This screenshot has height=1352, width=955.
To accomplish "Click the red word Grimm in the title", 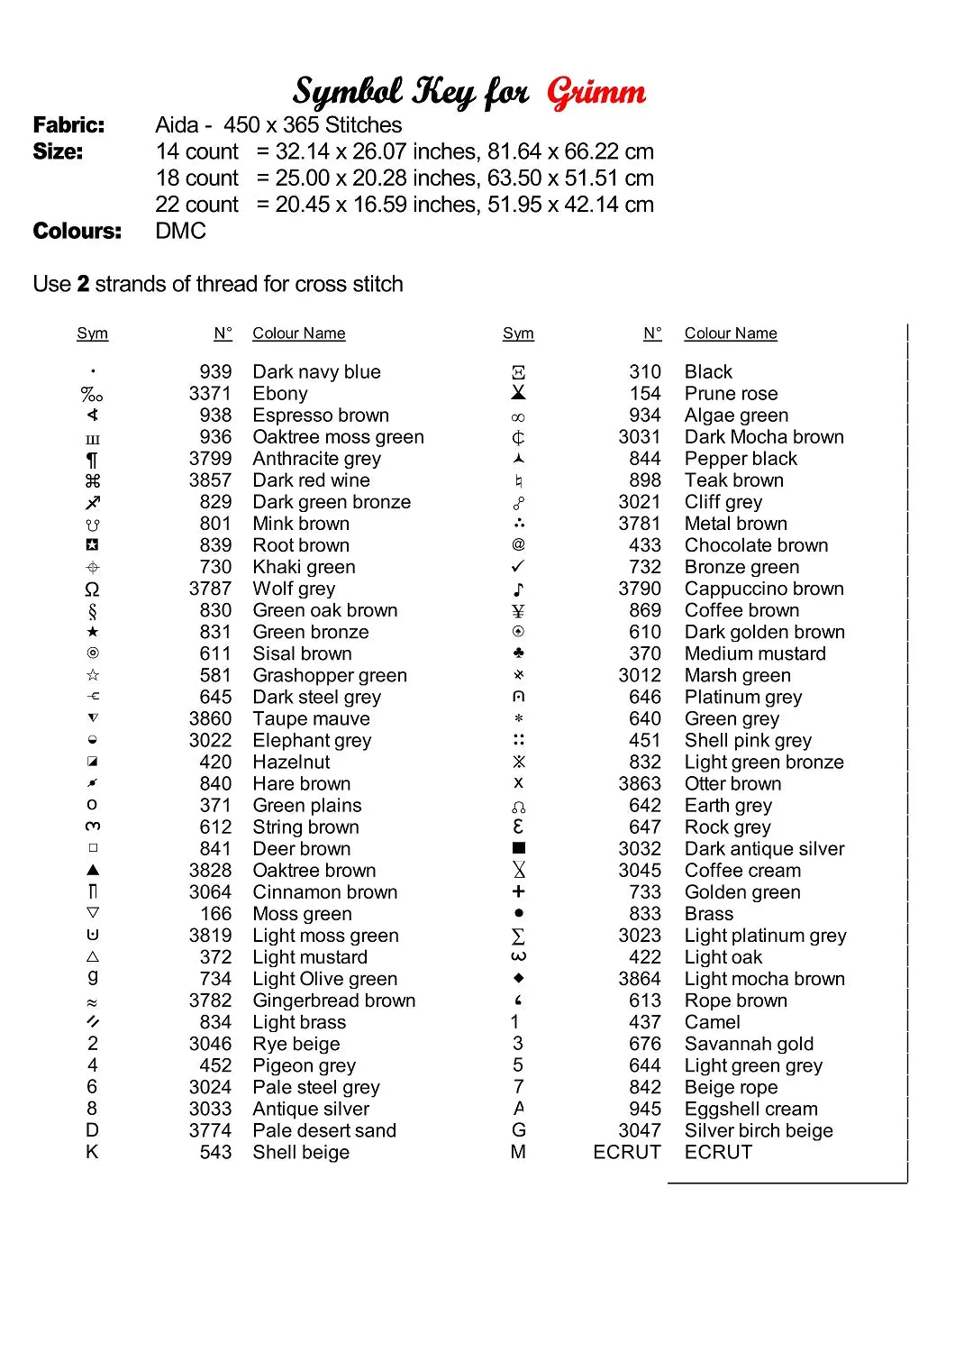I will pyautogui.click(x=596, y=92).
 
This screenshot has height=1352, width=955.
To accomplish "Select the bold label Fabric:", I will pyautogui.click(x=68, y=125).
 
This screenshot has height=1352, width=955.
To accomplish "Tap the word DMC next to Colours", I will pyautogui.click(x=180, y=231).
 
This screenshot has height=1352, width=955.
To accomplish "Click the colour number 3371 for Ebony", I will pyautogui.click(x=210, y=394).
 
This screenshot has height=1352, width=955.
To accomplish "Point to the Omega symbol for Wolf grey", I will pyautogui.click(x=92, y=589).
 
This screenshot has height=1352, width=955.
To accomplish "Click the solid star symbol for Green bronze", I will pyautogui.click(x=92, y=632).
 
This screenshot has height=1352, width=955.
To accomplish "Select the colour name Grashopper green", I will pyautogui.click(x=330, y=675).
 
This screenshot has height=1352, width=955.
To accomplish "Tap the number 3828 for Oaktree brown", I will pyautogui.click(x=210, y=871).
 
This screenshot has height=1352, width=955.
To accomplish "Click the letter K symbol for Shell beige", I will pyautogui.click(x=92, y=1152).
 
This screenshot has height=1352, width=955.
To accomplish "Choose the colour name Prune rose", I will pyautogui.click(x=731, y=394).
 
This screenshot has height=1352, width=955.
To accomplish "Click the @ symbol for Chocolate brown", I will pyautogui.click(x=518, y=545).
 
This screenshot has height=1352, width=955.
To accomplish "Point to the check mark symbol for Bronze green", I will pyautogui.click(x=518, y=567).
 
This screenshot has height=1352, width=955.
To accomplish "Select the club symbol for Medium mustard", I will pyautogui.click(x=518, y=653).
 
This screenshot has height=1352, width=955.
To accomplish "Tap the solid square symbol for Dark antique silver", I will pyautogui.click(x=518, y=848).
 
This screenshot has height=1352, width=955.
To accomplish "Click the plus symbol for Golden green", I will pyautogui.click(x=518, y=891).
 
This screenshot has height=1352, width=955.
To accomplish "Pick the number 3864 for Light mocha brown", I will pyautogui.click(x=640, y=979).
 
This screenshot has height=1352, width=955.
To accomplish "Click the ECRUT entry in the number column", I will pyautogui.click(x=627, y=1152).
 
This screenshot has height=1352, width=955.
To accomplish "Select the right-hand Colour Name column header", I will pyautogui.click(x=731, y=333).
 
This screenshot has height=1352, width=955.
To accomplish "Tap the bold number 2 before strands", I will pyautogui.click(x=83, y=284).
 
